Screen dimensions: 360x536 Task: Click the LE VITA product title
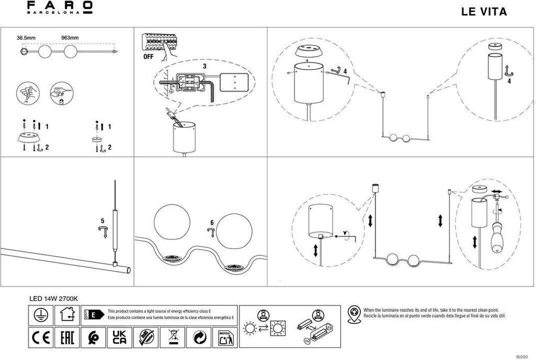coord(484,12)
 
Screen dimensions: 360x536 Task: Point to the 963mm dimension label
coord(70,38)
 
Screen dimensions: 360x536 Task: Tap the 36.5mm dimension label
coord(26,38)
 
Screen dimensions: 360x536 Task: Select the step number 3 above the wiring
coord(205,67)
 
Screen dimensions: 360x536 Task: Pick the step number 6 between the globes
coord(211,222)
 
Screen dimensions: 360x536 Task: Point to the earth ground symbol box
coord(38,314)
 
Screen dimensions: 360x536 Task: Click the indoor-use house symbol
coord(66,314)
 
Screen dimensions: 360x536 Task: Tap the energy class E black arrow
coord(94,314)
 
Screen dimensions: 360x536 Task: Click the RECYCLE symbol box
coord(226,337)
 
